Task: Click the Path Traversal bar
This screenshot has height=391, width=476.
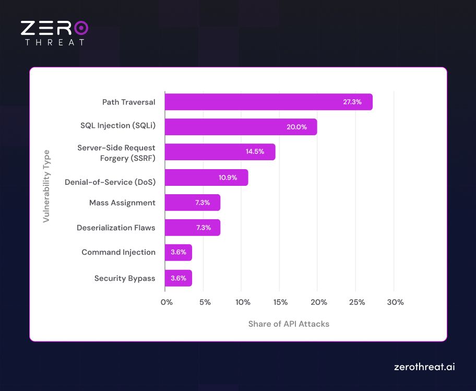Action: (x=268, y=102)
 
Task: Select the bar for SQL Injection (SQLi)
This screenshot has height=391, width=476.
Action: (x=241, y=127)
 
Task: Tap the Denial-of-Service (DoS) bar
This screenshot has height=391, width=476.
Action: (x=206, y=177)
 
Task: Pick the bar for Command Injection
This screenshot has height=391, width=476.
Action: (x=178, y=253)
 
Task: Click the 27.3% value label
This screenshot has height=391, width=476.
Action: (x=352, y=102)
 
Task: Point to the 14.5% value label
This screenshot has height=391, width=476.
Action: (x=255, y=152)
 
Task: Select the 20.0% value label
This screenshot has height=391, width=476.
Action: (x=297, y=127)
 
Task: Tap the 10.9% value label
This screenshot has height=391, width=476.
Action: (x=228, y=177)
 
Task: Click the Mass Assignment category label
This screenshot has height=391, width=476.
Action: (x=122, y=203)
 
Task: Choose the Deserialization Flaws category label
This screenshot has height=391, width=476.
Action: (x=116, y=228)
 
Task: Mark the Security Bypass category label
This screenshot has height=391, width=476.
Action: (x=125, y=278)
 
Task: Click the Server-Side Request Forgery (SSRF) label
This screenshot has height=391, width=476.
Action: (x=116, y=152)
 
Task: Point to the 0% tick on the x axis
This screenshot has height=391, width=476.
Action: (x=166, y=302)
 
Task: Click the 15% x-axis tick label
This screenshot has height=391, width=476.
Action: (x=281, y=302)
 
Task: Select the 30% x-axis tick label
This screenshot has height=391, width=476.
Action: (x=395, y=302)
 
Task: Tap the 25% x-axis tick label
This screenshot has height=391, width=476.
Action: (x=357, y=302)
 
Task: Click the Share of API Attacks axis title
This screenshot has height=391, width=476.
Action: (x=289, y=324)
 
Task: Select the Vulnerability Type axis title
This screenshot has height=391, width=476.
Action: (x=46, y=186)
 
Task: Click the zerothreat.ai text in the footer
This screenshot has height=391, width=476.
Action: (x=424, y=367)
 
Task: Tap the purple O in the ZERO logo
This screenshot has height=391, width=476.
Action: (x=81, y=28)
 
